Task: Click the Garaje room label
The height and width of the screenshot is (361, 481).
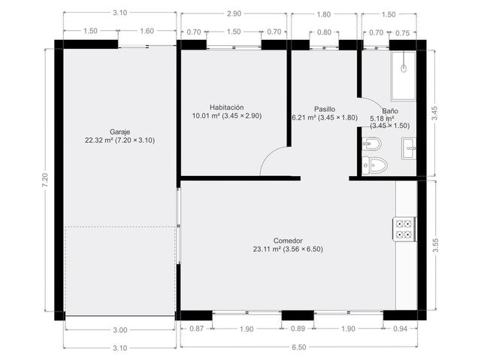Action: point(120,132)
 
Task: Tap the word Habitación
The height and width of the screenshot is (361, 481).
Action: point(227,108)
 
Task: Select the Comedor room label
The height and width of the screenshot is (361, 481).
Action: point(288,241)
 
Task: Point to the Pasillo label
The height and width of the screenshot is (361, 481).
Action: point(325,109)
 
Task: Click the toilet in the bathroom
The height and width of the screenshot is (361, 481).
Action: point(374,165)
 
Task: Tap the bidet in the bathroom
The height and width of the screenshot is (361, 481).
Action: point(372,144)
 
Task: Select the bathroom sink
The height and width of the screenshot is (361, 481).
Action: point(409,148)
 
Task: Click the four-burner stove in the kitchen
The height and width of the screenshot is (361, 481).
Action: point(404,229)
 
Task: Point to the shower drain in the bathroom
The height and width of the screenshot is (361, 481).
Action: point(404,68)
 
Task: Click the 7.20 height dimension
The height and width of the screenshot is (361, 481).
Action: point(45,180)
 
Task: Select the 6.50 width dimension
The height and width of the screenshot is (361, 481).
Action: point(299,347)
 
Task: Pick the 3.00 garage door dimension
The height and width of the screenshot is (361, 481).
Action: point(120,330)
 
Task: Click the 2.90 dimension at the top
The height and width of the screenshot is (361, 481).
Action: point(234,14)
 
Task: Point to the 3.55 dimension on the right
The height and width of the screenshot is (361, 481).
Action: point(435,245)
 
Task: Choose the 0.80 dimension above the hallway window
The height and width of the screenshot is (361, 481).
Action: point(324,32)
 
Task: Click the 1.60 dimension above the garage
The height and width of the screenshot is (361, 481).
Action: point(147,31)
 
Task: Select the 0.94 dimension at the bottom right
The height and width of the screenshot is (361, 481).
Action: point(401,329)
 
